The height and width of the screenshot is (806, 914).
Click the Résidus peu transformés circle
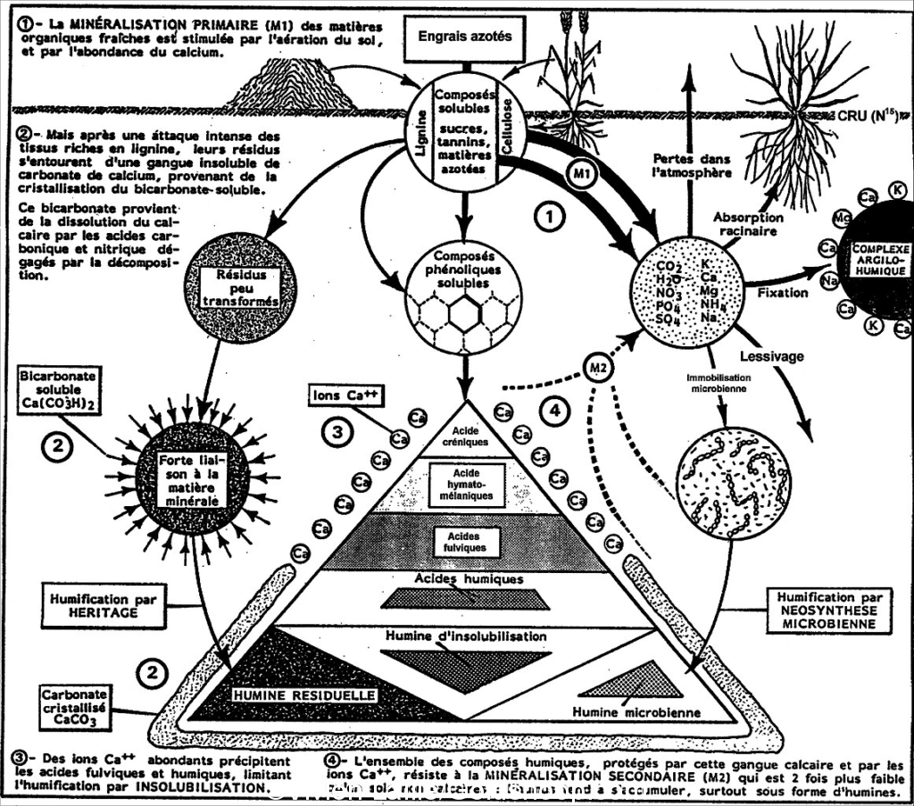pyautogui.click(x=238, y=287)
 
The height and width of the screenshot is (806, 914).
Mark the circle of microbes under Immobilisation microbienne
pyautogui.click(x=733, y=483)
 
